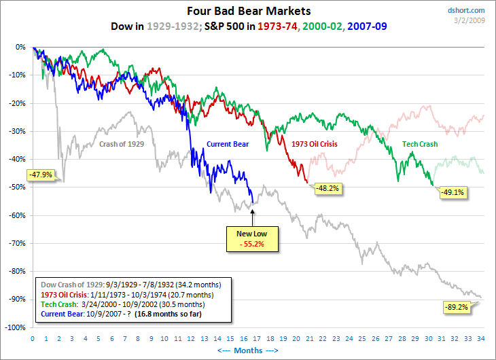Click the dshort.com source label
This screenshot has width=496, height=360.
[x=466, y=10]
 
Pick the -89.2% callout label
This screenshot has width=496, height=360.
[x=455, y=307]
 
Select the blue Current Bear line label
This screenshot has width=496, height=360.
[x=228, y=144]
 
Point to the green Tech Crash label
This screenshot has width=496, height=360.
[x=420, y=144]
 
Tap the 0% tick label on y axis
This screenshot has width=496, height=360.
[x=20, y=48]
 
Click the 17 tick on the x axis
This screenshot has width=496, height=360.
[x=257, y=338]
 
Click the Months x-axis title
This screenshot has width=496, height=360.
[x=257, y=350]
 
